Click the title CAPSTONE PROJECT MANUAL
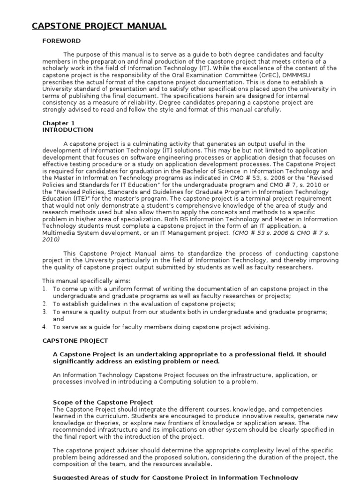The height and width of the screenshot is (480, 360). point(99,26)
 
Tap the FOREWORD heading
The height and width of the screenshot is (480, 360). point(61,41)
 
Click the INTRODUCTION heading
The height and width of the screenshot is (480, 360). point(67,130)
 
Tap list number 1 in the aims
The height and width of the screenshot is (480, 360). point(45,289)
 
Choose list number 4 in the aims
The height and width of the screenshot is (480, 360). point(45,327)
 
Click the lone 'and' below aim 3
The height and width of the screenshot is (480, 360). point(58,319)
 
